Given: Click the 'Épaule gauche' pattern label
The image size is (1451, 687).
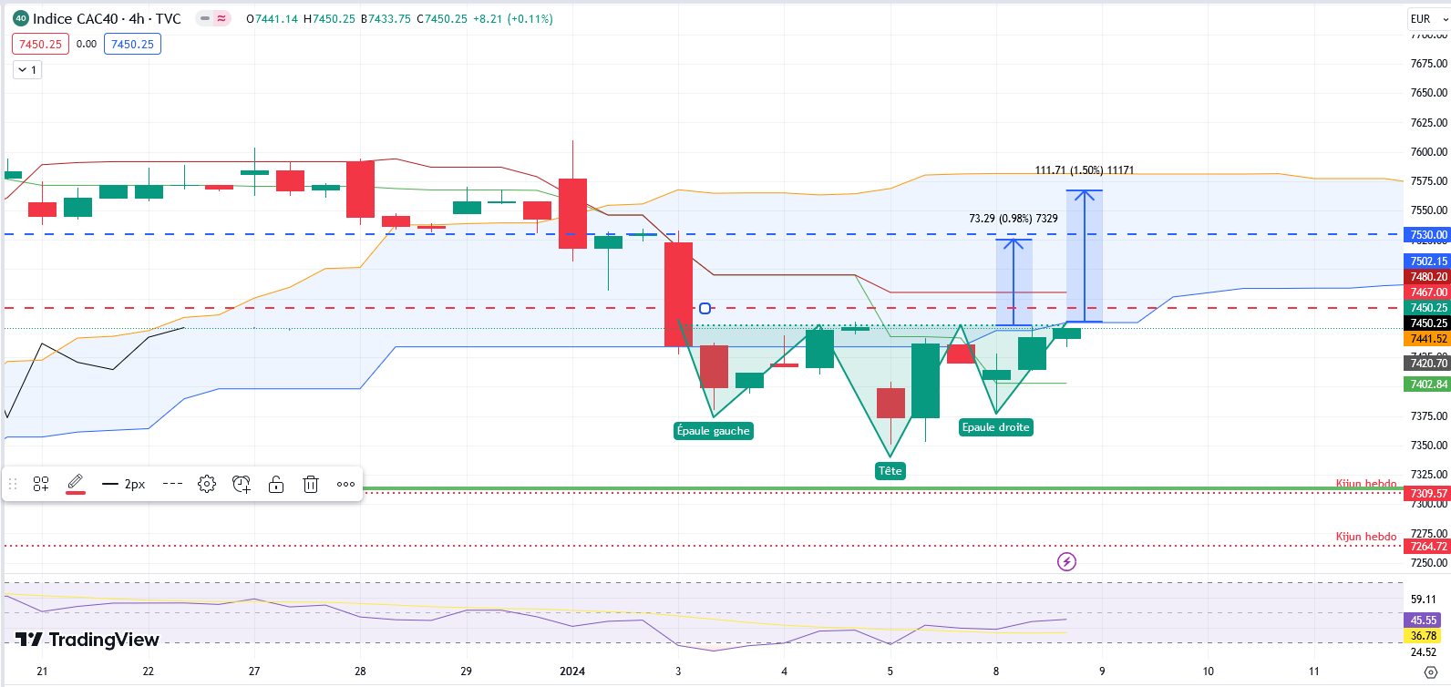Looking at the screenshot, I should click(x=713, y=431).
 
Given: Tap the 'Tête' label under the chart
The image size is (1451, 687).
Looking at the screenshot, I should click(x=890, y=471).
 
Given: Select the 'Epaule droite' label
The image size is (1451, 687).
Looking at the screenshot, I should click(x=995, y=427).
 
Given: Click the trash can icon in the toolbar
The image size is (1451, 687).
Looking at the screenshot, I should click(x=311, y=484).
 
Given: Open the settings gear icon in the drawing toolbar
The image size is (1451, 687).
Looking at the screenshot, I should click(x=207, y=484).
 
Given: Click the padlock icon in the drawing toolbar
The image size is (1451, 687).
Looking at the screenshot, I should click(x=276, y=484).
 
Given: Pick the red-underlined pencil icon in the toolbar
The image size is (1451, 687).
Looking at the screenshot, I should click(x=76, y=483).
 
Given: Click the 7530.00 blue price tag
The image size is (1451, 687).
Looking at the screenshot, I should click(x=1428, y=235).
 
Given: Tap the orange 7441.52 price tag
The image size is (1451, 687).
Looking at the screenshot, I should click(x=1428, y=339).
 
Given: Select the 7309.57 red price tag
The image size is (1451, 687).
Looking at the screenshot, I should click(x=1428, y=494).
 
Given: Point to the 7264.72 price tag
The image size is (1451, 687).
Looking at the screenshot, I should click(x=1428, y=547).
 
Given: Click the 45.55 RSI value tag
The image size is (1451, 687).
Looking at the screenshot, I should click(x=1424, y=620).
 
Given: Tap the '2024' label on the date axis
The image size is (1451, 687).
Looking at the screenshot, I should click(x=572, y=672).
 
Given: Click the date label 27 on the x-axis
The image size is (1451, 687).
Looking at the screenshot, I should click(x=254, y=672).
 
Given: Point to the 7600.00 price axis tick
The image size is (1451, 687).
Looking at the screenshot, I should click(x=1428, y=152).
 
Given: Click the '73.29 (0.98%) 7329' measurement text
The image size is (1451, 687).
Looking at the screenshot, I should click(x=1013, y=219).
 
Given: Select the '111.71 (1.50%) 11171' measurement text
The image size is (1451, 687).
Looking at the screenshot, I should click(x=1084, y=170).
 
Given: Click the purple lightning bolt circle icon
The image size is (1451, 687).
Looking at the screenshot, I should click(x=1066, y=561).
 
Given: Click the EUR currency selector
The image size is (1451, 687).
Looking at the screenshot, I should click(x=1425, y=18).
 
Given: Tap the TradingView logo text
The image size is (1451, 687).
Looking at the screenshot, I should click(x=88, y=640).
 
